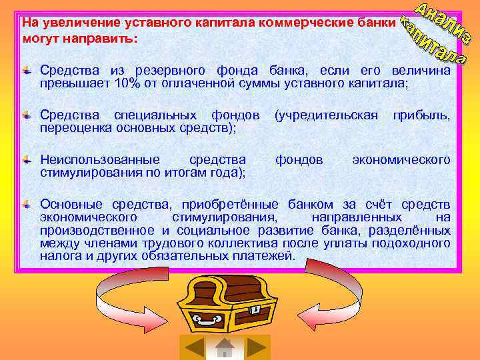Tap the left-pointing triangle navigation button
pyautogui.click(x=194, y=347)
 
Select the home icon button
pyautogui.click(x=225, y=347)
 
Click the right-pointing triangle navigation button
pyautogui.click(x=256, y=347)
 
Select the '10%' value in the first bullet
pyautogui.click(x=127, y=83)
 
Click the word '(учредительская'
pyautogui.click(x=326, y=115)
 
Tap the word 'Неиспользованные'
pyautogui.click(x=100, y=159)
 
